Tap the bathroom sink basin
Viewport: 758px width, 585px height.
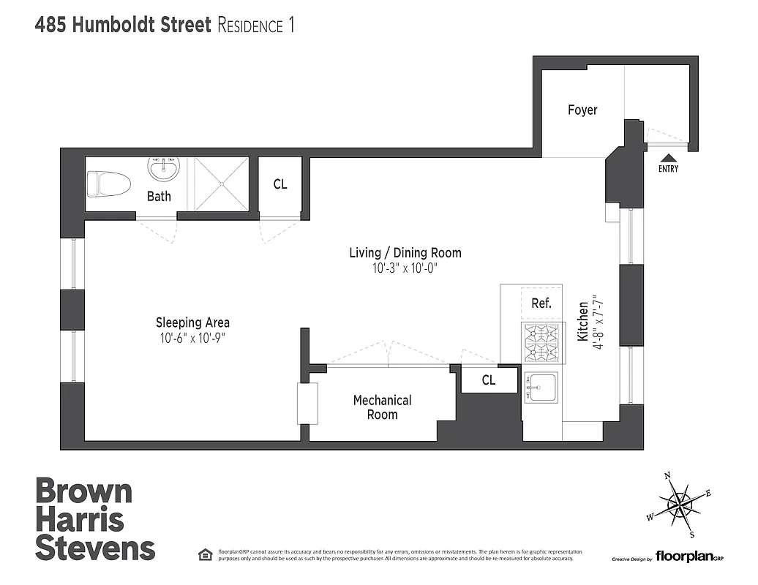[x=162, y=170]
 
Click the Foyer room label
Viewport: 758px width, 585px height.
[x=582, y=110]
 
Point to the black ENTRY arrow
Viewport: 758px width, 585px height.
[x=668, y=157]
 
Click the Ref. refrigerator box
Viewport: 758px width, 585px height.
[x=541, y=303]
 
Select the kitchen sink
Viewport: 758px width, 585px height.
[x=541, y=385]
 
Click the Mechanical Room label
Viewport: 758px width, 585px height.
[x=382, y=407]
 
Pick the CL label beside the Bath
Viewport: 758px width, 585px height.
[x=280, y=184]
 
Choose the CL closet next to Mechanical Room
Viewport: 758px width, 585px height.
[x=488, y=380]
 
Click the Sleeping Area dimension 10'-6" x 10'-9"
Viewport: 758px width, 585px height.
[x=192, y=338]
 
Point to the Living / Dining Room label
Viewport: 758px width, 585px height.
[x=405, y=253]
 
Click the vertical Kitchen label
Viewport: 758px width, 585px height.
[x=583, y=322]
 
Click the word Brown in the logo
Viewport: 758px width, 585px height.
[x=84, y=491]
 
